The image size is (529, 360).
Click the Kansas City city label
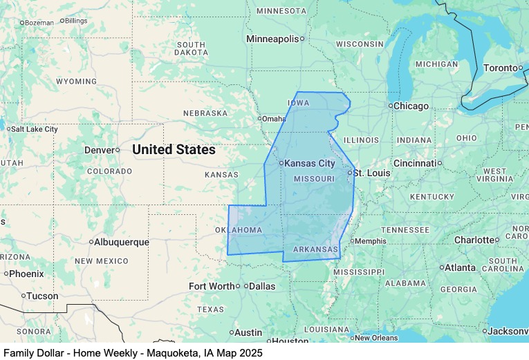point(310,164)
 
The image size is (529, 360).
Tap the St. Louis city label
point(372,172)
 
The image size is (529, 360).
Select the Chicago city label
point(411,106)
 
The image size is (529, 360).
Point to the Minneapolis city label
point(272,39)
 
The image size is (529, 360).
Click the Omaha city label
point(273,118)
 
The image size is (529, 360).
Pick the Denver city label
point(99,150)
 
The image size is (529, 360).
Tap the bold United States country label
point(174,149)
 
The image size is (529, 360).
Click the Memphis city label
point(371,241)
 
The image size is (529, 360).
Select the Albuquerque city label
point(122,242)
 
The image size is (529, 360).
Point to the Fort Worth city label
point(212,286)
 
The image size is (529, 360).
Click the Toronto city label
point(500,68)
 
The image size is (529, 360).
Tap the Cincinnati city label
point(414,163)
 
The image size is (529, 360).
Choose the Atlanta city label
point(460,267)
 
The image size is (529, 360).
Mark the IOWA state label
point(298,103)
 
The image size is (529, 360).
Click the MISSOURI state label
point(315,179)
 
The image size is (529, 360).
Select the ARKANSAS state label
point(315,249)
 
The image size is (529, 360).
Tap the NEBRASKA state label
point(205,113)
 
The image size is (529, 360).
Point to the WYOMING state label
point(76,82)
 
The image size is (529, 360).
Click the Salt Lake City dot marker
point(7,129)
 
